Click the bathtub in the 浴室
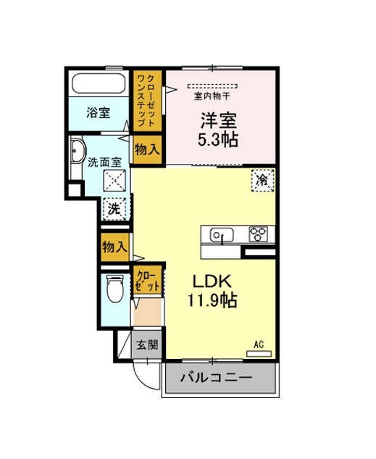[99, 83]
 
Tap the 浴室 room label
[99, 112]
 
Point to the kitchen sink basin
[222, 235]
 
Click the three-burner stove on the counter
[258, 234]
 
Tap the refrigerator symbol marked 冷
[262, 181]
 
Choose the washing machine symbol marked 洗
[114, 209]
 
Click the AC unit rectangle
[259, 354]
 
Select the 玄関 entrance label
[147, 345]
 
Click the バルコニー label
[216, 378]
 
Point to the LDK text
[212, 281]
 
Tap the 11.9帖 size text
[212, 299]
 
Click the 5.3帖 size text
[217, 139]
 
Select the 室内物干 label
[212, 96]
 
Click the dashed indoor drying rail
[212, 86]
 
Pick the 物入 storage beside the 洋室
[147, 150]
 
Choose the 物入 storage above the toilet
[115, 247]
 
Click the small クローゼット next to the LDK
[148, 280]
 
